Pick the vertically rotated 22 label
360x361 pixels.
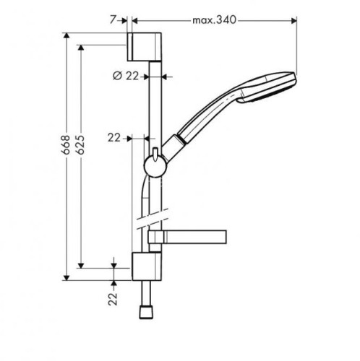pyautogui.click(x=113, y=298)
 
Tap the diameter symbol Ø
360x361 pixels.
pyautogui.click(x=118, y=75)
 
